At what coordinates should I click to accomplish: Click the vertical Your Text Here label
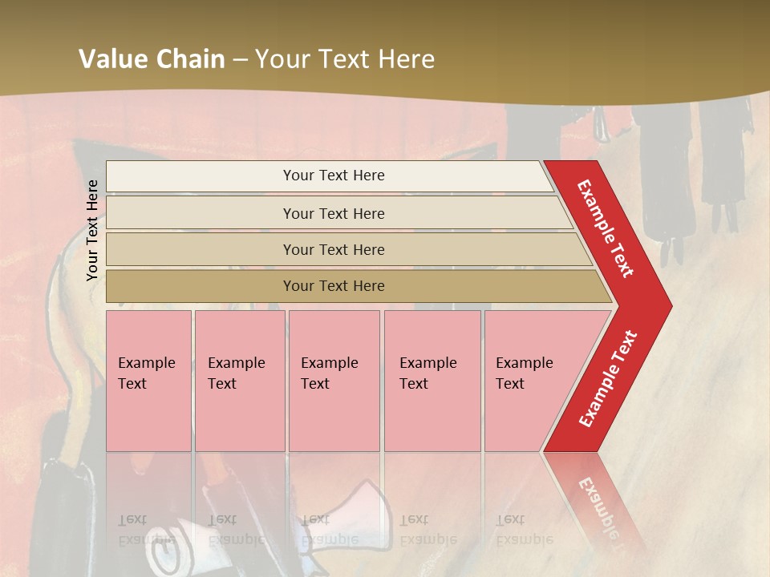[92, 230]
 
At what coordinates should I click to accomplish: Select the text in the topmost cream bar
[334, 176]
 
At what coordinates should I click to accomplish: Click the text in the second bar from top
[334, 213]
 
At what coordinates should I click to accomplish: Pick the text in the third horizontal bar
[334, 249]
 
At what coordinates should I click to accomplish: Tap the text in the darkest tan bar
[334, 286]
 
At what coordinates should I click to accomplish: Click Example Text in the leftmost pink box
[146, 373]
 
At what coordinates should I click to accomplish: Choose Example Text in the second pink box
[236, 373]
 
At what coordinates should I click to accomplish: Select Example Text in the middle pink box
[329, 373]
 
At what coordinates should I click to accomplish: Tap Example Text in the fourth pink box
[428, 373]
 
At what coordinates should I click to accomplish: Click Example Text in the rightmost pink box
[524, 373]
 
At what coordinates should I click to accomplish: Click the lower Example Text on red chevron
[608, 379]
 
